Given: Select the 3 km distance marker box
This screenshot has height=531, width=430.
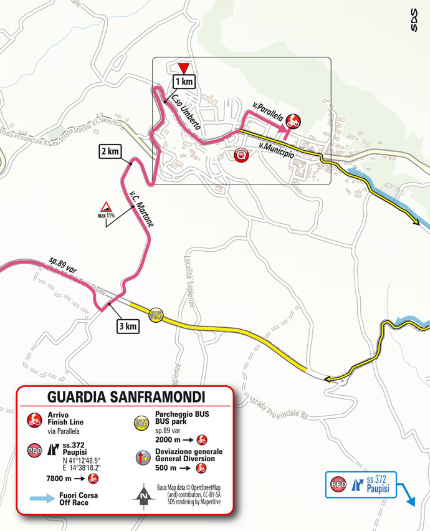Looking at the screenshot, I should click(127, 325).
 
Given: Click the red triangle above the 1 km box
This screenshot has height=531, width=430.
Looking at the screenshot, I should click(183, 67).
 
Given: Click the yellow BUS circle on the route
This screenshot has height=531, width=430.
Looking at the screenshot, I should click(156, 317).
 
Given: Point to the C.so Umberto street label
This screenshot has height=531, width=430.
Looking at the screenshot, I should click(185, 111).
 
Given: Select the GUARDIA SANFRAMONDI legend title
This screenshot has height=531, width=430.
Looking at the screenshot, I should click(126, 396).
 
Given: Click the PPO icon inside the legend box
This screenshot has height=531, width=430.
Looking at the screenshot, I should click(34, 450).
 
